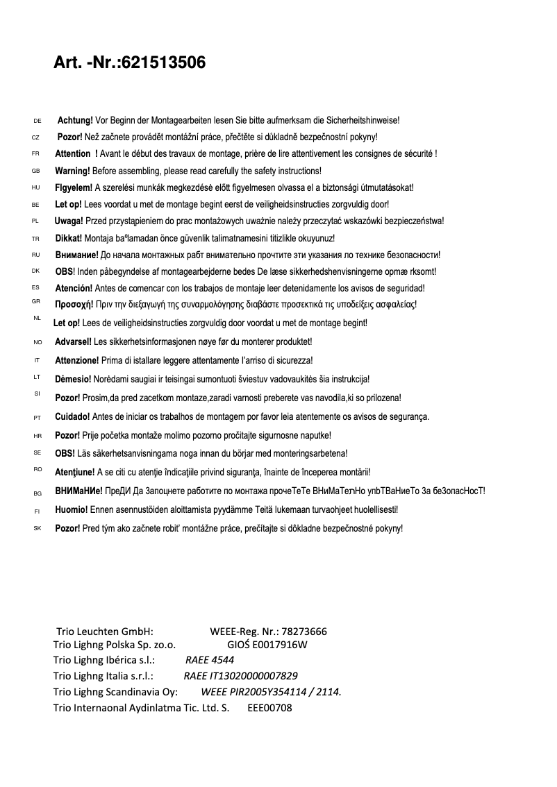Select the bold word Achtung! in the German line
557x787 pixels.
pos(75,121)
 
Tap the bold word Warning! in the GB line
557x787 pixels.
pos(72,171)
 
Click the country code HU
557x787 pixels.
pos(36,187)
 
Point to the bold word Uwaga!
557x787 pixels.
pos(69,221)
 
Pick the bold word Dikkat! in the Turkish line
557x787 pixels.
pos(69,238)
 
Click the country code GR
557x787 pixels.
pos(36,301)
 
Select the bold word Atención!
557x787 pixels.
pos(74,288)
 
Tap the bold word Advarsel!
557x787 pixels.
pos(73,342)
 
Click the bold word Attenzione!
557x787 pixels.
pos(77,360)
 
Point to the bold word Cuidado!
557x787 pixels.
pos(72,417)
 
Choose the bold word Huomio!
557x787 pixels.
pos(72,509)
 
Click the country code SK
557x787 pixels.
pos(38,529)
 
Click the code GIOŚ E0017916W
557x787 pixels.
pos(267,645)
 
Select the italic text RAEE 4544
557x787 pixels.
pos(210,660)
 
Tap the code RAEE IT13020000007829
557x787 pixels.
pos(240,676)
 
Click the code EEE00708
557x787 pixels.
pos(269,709)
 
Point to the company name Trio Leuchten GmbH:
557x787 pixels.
pos(104,632)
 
